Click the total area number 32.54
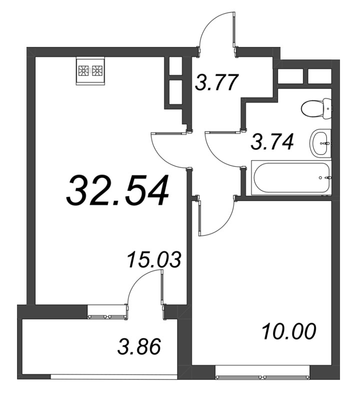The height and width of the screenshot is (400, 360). coord(117,190)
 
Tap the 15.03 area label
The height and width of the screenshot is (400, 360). coord(154,259)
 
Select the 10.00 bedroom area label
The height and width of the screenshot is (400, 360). coord(289,331)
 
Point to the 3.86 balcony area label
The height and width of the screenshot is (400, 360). coord(139,346)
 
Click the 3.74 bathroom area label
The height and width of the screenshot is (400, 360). coord(272,141)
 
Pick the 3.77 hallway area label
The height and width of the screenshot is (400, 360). coord(217,82)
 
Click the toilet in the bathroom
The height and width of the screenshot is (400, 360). coord(317,108)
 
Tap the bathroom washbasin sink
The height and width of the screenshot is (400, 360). coord(320,143)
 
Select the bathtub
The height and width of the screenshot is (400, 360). coord(291,177)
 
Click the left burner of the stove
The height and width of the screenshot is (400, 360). coord(83,70)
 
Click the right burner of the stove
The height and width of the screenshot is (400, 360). coord(97,70)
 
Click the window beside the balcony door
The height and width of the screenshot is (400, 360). coord(107,317)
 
